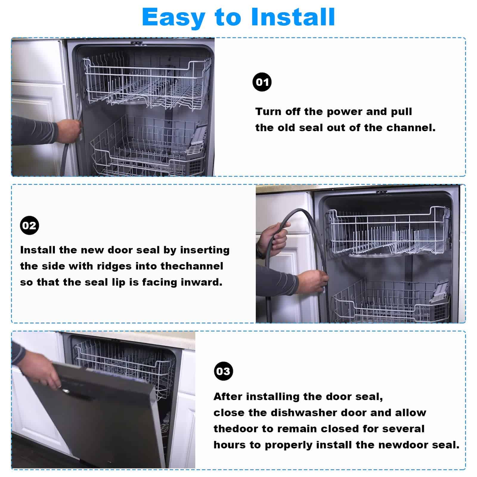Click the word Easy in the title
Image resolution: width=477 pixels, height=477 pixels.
(x=174, y=17)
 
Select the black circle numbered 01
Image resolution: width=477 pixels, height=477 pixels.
(x=262, y=82)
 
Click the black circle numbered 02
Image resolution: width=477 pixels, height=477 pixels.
(x=30, y=225)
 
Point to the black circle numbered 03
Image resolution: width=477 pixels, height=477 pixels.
(x=223, y=371)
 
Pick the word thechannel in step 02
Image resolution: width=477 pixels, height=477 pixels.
(x=192, y=266)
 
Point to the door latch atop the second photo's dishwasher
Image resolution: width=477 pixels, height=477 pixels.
(x=381, y=192)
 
